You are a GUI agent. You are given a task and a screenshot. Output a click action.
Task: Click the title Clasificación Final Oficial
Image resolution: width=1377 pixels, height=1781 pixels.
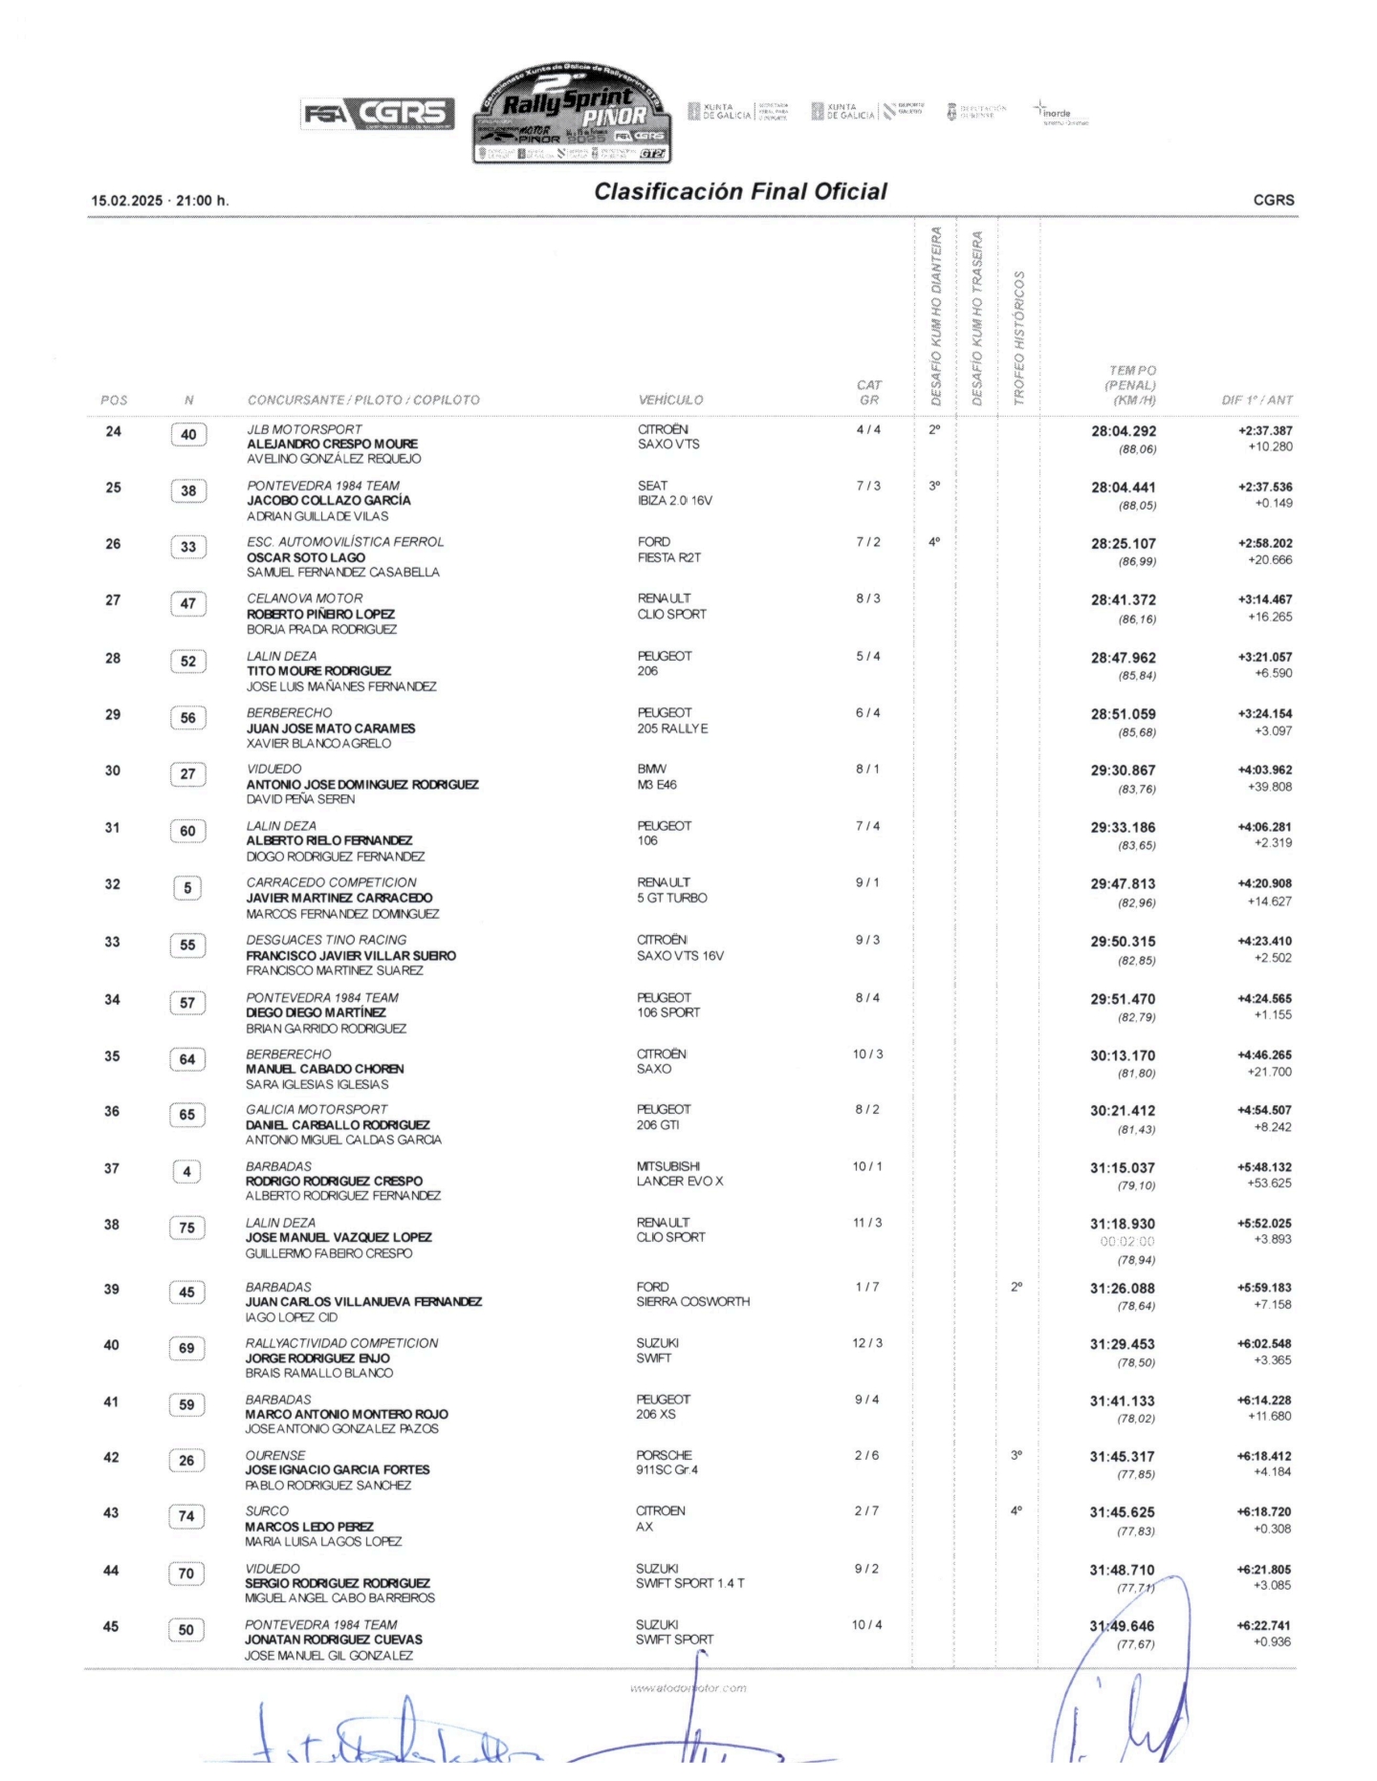(x=740, y=192)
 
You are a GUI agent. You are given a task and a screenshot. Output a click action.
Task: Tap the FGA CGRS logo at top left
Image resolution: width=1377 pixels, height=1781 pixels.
(x=378, y=114)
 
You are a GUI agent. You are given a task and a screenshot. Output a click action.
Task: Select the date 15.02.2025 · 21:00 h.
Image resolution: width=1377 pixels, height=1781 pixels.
(x=160, y=201)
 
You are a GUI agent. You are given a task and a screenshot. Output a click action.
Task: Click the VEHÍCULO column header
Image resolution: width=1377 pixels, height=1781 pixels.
(x=670, y=401)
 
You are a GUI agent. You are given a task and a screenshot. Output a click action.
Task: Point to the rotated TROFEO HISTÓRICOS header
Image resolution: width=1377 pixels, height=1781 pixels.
(x=1018, y=337)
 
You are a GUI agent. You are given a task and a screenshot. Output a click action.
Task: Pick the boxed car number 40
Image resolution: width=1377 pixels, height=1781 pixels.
(x=188, y=435)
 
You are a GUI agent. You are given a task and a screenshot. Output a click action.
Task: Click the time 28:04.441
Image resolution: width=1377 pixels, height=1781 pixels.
(x=1123, y=488)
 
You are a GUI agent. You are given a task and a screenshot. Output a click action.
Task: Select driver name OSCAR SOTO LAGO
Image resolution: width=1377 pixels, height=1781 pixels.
(x=306, y=557)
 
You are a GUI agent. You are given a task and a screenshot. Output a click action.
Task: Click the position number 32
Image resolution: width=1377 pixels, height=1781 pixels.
(x=113, y=884)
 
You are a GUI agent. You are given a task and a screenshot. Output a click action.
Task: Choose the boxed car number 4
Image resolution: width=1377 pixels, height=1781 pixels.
(x=186, y=1171)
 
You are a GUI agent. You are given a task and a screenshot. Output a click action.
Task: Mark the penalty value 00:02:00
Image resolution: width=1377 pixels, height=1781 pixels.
(x=1126, y=1242)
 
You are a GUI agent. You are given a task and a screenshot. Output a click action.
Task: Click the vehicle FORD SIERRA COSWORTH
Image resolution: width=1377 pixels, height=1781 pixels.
(x=692, y=1294)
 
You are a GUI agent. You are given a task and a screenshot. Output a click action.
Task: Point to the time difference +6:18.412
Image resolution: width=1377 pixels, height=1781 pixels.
(x=1263, y=1456)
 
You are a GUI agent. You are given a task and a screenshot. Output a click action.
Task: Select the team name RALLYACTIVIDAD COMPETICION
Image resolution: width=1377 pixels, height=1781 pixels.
(x=341, y=1343)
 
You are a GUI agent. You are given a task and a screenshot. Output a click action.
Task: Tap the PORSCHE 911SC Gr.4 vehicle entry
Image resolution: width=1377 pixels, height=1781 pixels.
(x=667, y=1463)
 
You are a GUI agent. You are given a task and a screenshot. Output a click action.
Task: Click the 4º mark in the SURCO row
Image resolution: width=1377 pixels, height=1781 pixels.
(x=1016, y=1511)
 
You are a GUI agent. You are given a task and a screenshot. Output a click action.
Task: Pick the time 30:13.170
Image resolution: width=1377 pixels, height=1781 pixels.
(x=1123, y=1056)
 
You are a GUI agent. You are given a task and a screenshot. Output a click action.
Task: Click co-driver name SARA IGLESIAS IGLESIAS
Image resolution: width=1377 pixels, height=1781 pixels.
(x=317, y=1084)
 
